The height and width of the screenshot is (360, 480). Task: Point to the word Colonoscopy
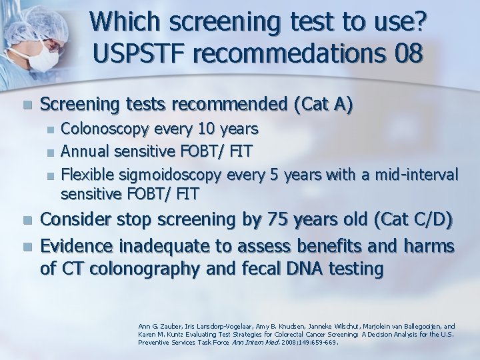[100, 127]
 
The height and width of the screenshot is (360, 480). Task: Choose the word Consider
[79, 221]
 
